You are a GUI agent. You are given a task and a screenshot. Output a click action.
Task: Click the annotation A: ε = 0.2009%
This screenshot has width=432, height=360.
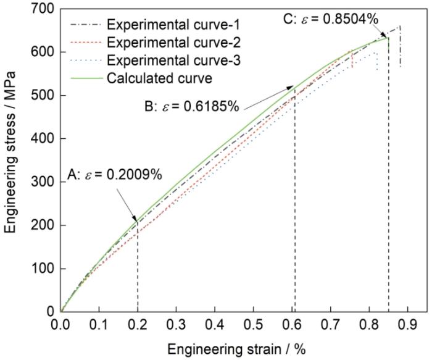point(114,174)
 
